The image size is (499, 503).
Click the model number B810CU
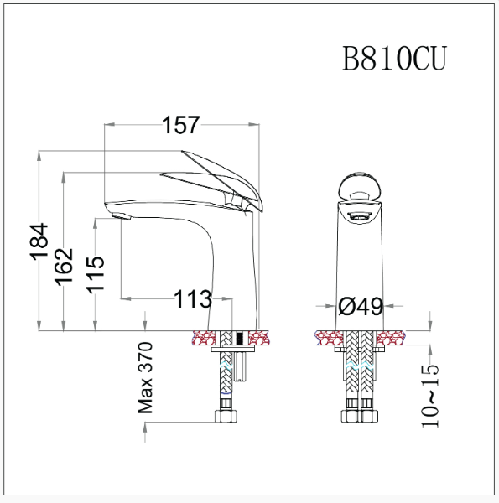(394, 60)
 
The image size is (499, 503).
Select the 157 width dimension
(180, 126)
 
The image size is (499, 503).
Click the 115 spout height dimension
(96, 274)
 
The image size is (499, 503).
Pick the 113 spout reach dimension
(192, 298)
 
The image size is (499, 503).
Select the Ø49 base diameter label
(360, 307)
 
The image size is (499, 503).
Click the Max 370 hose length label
(146, 378)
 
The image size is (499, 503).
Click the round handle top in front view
(360, 185)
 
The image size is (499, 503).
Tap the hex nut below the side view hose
(225, 416)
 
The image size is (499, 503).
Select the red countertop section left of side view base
(205, 339)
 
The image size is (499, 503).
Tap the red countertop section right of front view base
(392, 339)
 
